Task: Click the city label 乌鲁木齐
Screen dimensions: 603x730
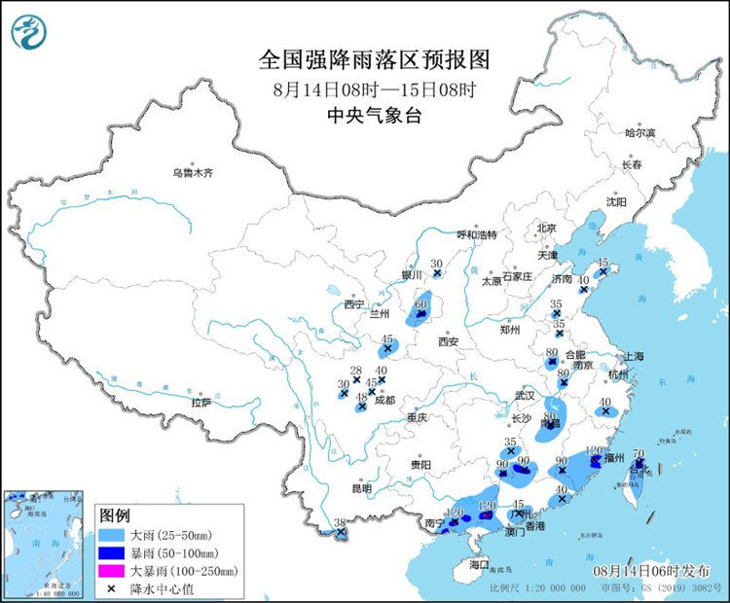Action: pos(192,172)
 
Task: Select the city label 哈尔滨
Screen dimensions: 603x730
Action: pos(639,132)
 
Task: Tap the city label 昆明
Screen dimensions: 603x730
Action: pos(362,487)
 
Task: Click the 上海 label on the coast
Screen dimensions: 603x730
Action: pos(634,356)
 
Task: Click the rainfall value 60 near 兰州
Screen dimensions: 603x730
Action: pos(421,303)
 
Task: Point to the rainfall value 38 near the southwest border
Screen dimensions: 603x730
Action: pos(340,523)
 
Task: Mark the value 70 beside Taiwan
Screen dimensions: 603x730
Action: pos(639,453)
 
